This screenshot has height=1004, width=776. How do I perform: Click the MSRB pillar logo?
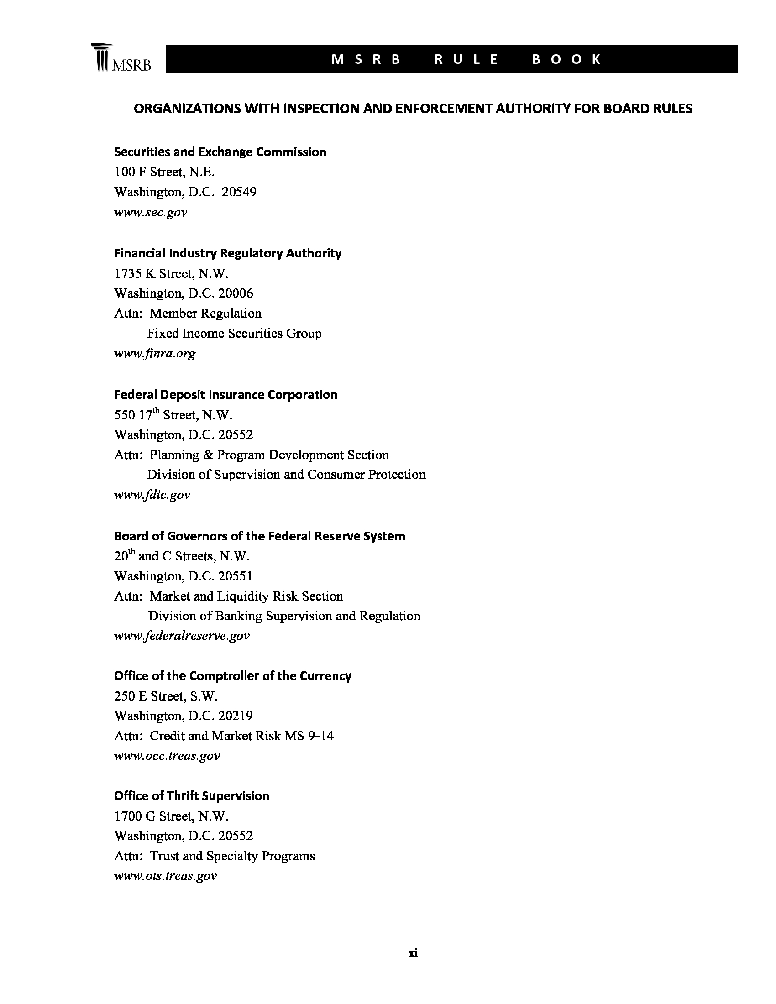coord(121,58)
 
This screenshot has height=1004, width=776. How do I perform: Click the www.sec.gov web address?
coord(150,212)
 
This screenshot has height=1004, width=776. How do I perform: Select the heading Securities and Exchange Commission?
coord(220,152)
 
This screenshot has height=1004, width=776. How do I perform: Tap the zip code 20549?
coord(239,192)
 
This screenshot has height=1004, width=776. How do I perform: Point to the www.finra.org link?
coord(154,353)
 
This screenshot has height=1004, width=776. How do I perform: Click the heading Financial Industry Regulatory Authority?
coord(228,253)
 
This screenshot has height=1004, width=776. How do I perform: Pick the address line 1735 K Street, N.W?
coord(171,273)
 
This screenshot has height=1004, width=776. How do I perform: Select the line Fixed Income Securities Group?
coord(234,333)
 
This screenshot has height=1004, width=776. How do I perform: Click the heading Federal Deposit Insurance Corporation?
coord(225,395)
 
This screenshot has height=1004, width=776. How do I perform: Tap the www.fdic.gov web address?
coord(152,495)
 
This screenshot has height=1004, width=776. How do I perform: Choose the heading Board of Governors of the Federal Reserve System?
coord(259,536)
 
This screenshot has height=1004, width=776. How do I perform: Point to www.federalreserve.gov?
coord(182,636)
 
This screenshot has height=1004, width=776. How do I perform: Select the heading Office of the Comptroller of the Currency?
coord(233,676)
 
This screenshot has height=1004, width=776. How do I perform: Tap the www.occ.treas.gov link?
coord(167,756)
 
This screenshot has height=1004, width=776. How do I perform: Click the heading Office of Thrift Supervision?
coord(191,796)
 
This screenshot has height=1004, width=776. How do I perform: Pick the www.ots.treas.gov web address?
coord(165,876)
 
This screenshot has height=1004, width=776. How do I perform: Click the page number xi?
coord(413,953)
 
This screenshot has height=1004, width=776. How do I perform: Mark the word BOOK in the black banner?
coord(566,59)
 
